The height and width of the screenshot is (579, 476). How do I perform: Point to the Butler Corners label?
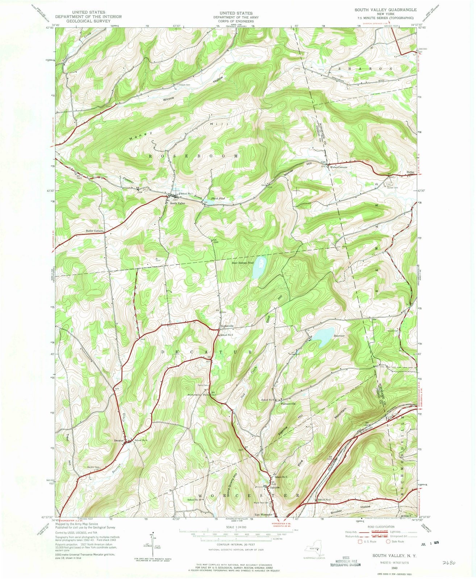[x=95, y=231]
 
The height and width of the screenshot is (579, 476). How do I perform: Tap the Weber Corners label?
[x=338, y=167]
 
